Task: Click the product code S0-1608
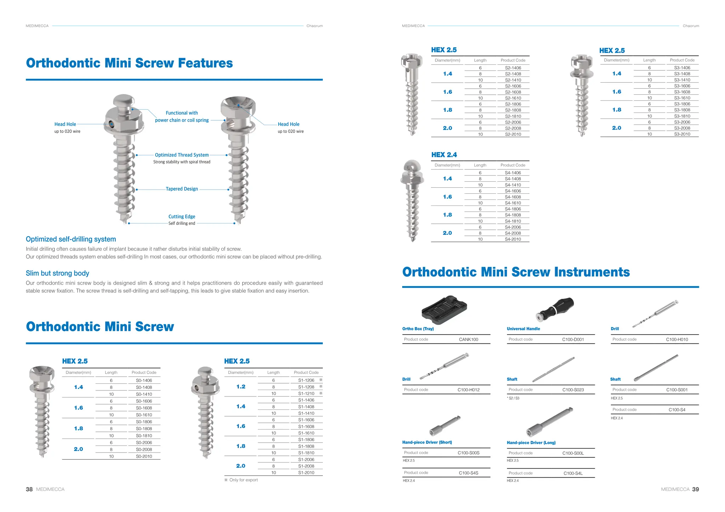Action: (x=144, y=408)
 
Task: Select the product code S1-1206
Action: (x=306, y=380)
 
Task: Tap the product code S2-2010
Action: (x=513, y=134)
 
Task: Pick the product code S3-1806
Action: (x=682, y=104)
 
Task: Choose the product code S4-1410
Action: (x=513, y=185)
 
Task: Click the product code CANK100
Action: (x=468, y=339)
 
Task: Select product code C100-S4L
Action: (x=573, y=473)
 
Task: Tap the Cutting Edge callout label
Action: (x=182, y=216)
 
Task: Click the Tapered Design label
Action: (x=182, y=189)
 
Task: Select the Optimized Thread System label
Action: (x=182, y=155)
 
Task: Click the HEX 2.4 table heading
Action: (x=444, y=155)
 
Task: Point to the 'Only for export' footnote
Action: (x=243, y=480)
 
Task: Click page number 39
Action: (x=695, y=489)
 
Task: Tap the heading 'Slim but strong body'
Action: (x=57, y=273)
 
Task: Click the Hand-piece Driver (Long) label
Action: (x=531, y=443)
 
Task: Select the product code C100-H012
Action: (x=468, y=390)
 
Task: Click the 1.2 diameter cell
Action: (x=241, y=387)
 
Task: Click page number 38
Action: (x=29, y=489)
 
